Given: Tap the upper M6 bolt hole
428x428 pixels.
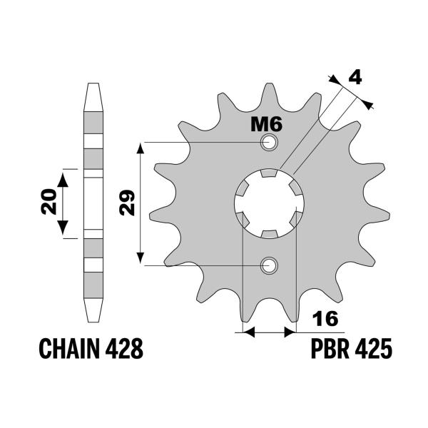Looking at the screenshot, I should [x=269, y=143].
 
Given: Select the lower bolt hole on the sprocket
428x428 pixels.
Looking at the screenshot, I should [x=269, y=266].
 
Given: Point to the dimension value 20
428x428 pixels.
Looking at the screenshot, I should [x=49, y=203].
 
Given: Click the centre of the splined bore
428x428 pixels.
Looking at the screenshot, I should [x=269, y=204].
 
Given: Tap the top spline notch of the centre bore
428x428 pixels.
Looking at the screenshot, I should [x=269, y=173].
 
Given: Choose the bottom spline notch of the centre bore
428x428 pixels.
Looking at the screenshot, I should [x=269, y=235].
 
